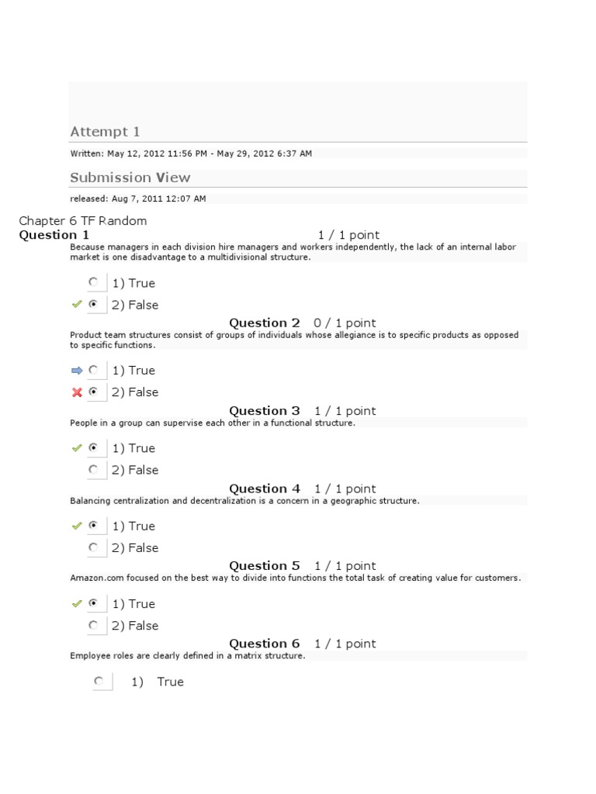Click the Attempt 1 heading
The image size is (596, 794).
point(105,132)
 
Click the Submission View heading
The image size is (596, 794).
point(130,178)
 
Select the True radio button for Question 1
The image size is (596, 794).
point(94,282)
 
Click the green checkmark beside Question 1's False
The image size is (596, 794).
point(76,305)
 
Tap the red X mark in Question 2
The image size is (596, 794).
point(77,392)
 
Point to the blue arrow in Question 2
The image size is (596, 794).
point(76,371)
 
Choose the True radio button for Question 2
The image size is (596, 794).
point(94,370)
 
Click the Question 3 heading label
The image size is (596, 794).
point(265,411)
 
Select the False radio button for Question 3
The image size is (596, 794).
point(94,470)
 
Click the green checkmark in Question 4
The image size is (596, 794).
point(76,526)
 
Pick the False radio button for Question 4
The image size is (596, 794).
point(94,547)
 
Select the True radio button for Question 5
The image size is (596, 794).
point(94,603)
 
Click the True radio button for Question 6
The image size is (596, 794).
point(99,682)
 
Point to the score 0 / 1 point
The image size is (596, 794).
point(345,323)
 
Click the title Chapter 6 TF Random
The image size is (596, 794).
point(82,221)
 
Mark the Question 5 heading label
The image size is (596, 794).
point(265,566)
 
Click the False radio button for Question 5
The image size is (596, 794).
point(94,625)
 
